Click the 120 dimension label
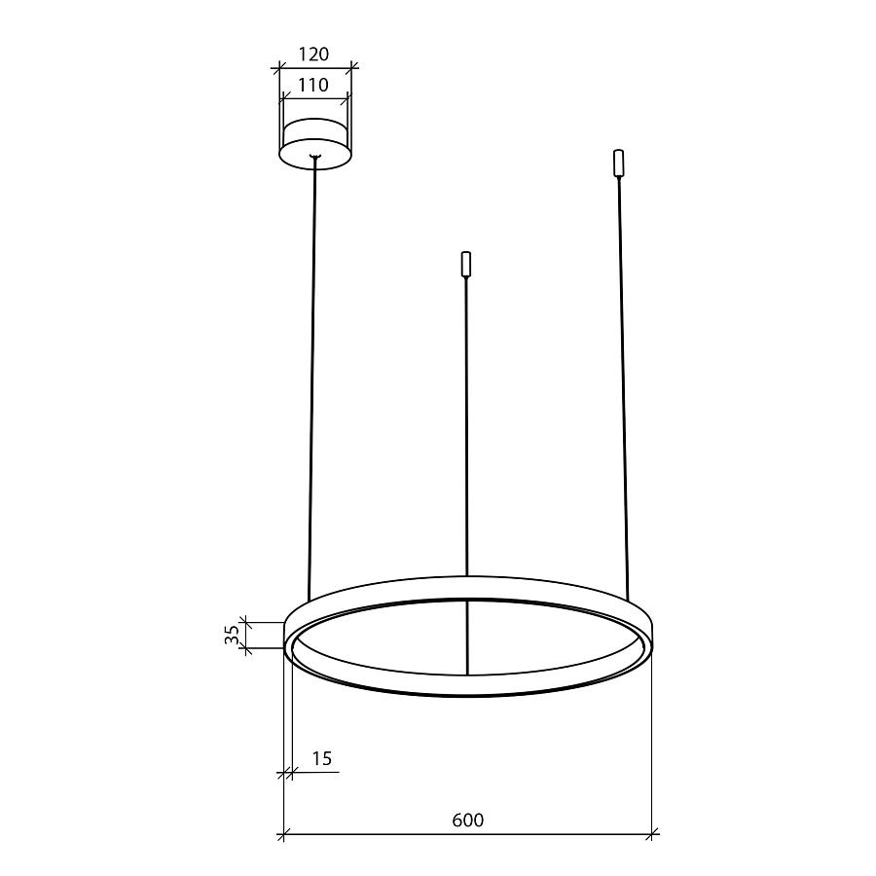click(x=314, y=55)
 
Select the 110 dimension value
click(x=314, y=85)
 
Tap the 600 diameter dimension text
click(x=467, y=820)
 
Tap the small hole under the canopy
click(x=314, y=156)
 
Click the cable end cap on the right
click(x=617, y=163)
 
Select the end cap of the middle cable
click(x=466, y=265)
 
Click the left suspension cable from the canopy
click(x=312, y=380)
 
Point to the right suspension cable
click(x=622, y=389)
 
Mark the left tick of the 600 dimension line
click(x=283, y=834)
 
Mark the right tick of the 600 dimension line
click(x=652, y=834)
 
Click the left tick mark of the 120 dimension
click(x=277, y=68)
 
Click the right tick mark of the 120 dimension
click(x=351, y=68)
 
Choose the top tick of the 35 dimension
click(x=245, y=619)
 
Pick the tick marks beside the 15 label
click(x=288, y=773)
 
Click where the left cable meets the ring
click(x=309, y=601)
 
